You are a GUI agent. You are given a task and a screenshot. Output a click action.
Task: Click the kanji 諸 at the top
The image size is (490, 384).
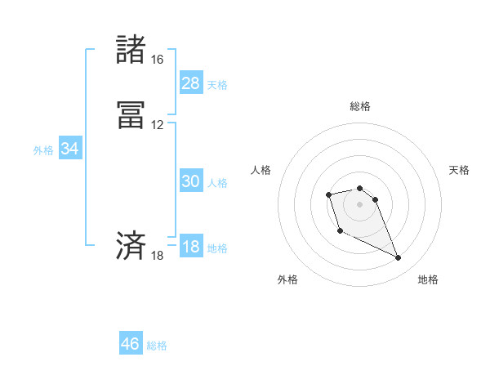coord(131,50)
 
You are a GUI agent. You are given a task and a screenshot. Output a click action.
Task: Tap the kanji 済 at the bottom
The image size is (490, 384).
coord(131,246)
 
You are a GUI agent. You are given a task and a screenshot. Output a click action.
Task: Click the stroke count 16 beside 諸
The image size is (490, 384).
coord(157,60)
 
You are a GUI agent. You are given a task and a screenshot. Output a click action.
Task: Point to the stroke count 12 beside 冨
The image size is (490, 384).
coord(157,125)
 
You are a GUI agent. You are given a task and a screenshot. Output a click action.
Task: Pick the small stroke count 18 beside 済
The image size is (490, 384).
coord(157,256)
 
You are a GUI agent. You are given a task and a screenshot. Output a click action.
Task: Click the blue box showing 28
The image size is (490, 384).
coord(190,83)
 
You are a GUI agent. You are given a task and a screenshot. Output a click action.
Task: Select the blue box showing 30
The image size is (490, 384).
coord(190,182)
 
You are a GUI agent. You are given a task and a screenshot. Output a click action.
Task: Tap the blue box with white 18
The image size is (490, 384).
coord(190,248)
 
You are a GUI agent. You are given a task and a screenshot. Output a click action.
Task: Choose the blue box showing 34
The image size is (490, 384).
coord(69,150)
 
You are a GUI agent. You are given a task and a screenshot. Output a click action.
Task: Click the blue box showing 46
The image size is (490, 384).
coord(131,344)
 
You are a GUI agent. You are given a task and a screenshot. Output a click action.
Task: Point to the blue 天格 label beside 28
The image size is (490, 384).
coord(217,85)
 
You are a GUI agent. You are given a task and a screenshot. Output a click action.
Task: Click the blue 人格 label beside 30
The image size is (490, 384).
coord(217,183)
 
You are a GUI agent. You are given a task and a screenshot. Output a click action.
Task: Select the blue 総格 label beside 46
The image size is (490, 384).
coord(157,346)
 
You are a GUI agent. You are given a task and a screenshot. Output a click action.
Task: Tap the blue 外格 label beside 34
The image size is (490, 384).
coord(43,150)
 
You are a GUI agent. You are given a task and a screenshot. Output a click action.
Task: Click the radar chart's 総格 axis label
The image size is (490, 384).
coord(359,106)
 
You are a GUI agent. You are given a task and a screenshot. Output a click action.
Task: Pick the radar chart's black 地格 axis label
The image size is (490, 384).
coord(428,279)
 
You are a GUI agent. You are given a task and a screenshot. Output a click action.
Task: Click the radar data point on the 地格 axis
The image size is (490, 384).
coord(399,258)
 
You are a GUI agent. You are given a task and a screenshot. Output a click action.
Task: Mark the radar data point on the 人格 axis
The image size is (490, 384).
coord(328,194)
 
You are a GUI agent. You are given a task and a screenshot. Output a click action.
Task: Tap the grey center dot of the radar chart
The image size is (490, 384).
coord(359,203)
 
